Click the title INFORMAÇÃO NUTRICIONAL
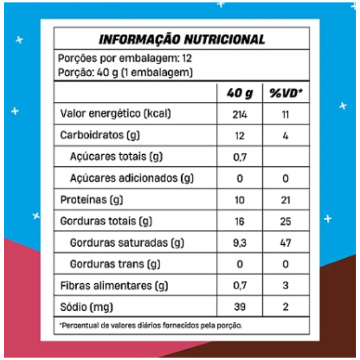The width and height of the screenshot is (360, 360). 182,39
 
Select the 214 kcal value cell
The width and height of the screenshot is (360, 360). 239,114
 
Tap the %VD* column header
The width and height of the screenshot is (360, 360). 286,93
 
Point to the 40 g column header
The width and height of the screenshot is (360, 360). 239,94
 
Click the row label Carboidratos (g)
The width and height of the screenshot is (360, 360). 100,135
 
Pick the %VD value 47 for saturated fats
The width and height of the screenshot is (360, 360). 286,242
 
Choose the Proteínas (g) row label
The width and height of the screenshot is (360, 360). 92,200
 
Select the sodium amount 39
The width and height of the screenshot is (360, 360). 239,307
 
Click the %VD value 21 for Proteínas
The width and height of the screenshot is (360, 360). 286,200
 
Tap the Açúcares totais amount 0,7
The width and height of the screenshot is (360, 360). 239,157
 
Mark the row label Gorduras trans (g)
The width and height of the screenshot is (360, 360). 115,264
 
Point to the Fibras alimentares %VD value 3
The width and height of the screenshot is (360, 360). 286,286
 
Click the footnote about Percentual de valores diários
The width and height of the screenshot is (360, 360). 151,325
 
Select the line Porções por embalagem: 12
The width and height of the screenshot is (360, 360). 125,58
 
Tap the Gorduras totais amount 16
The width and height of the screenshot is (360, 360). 239,221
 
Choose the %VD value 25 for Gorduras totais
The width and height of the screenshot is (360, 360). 286,221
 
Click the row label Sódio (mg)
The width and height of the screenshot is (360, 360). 86,307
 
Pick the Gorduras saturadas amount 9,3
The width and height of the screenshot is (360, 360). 239,242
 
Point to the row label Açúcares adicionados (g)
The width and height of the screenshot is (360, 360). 132,178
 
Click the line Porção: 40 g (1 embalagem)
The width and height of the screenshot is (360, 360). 125,73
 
